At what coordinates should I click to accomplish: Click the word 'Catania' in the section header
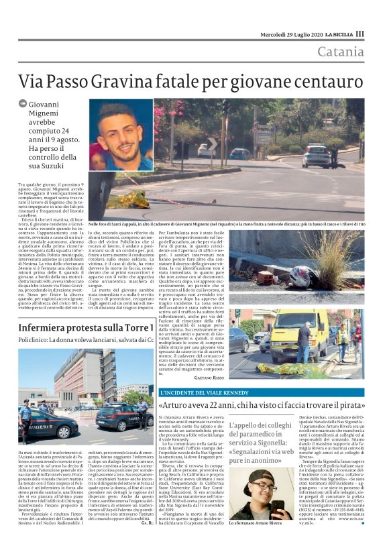(x=341, y=52)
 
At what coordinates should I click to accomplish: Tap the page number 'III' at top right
(x=360, y=34)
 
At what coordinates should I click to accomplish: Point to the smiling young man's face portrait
(x=123, y=133)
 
